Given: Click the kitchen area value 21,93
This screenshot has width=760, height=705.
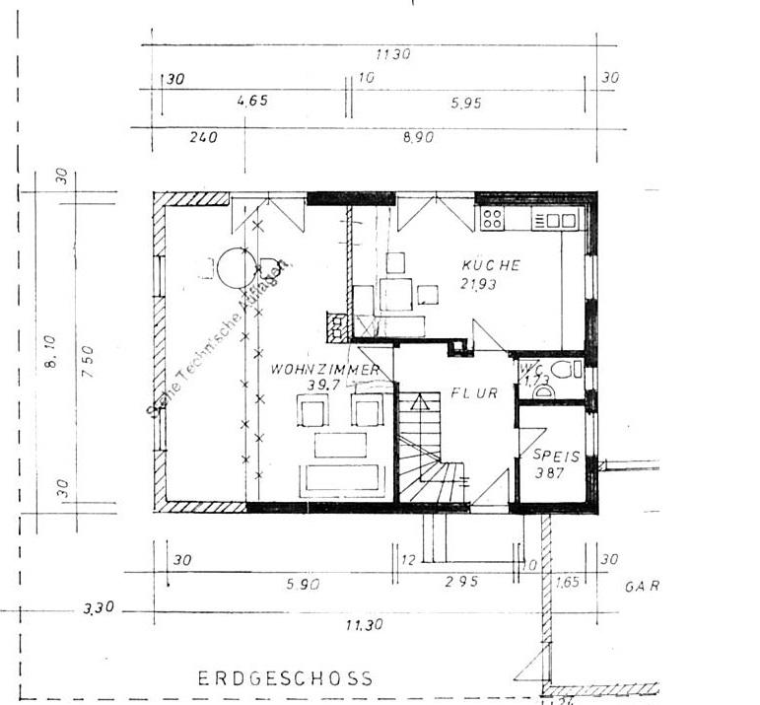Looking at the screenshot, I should coord(480,284).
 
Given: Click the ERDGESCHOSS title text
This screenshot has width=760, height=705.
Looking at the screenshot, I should coord(286,678).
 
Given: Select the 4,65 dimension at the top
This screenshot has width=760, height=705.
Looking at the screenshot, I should coord(253,101).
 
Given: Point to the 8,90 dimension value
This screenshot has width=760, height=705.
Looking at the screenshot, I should coord(418,138).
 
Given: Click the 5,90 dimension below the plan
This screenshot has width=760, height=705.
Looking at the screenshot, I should coord(302,583).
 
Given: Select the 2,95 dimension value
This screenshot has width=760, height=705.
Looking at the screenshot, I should coord(461,583).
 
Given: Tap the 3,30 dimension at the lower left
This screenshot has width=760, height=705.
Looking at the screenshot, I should coord(99,608).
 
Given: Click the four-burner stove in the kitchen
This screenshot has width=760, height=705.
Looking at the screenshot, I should coord(492,219).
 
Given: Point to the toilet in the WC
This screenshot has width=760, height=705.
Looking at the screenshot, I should coord(564,371).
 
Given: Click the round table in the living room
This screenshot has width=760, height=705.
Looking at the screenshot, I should coord(237,266).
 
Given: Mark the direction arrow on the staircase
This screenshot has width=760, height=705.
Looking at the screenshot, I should coord(420,402).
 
